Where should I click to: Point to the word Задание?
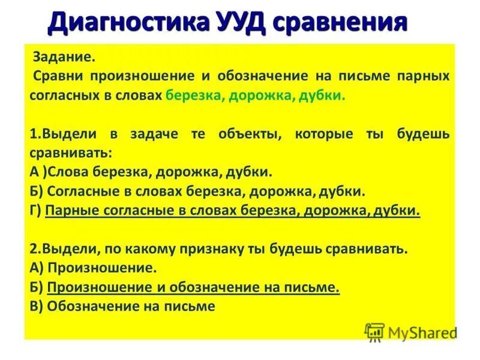(x=64, y=58)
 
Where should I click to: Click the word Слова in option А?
(x=70, y=172)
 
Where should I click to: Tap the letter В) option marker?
(x=35, y=306)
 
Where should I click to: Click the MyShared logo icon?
(x=374, y=332)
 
